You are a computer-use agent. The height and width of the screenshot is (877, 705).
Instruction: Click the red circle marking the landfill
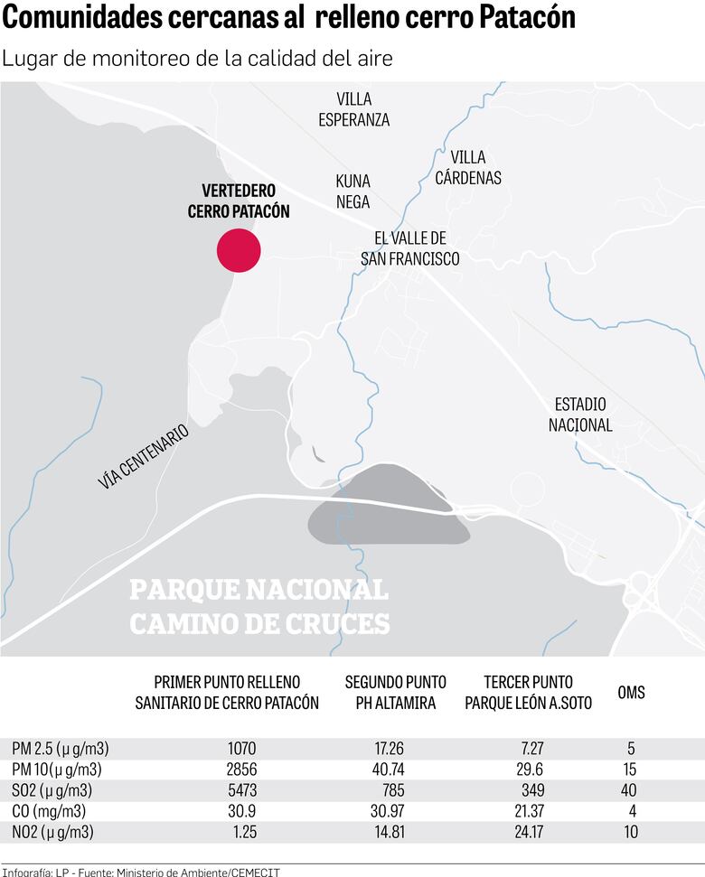239,250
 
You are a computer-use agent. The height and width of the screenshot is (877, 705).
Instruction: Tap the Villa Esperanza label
353,109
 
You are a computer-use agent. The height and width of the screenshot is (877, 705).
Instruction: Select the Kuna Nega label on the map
352,191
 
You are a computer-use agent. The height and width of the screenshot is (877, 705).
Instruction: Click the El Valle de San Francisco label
410,248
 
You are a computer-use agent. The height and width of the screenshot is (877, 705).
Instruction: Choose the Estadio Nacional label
580,415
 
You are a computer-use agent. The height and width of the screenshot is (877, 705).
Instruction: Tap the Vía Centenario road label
144,458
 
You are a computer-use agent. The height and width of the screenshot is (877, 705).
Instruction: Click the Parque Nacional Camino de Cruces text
259,607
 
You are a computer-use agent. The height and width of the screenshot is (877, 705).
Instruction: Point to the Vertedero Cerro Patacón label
239,201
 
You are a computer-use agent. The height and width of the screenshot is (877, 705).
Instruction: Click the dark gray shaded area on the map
389,510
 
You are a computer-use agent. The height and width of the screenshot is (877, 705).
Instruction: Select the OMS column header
631,693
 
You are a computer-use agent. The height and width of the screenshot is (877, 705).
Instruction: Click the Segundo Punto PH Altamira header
390,693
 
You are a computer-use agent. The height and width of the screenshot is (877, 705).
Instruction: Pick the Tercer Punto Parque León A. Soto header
529,693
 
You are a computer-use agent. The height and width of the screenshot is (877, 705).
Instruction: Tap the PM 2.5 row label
61,749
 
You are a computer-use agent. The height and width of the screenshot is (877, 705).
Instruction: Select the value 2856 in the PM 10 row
240,770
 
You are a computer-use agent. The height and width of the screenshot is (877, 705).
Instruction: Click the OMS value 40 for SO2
628,790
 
